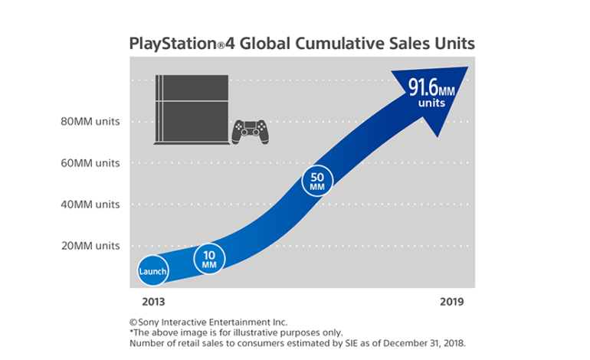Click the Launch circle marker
(x=152, y=271)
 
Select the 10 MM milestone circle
(x=210, y=259)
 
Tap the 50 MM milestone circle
(x=317, y=182)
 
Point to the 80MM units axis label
(x=90, y=121)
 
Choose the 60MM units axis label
(x=90, y=162)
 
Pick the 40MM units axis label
(x=90, y=205)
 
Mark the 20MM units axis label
(x=90, y=246)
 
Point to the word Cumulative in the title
(x=343, y=44)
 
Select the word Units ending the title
(x=453, y=44)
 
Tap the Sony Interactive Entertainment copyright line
(x=208, y=322)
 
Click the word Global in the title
(x=265, y=44)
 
